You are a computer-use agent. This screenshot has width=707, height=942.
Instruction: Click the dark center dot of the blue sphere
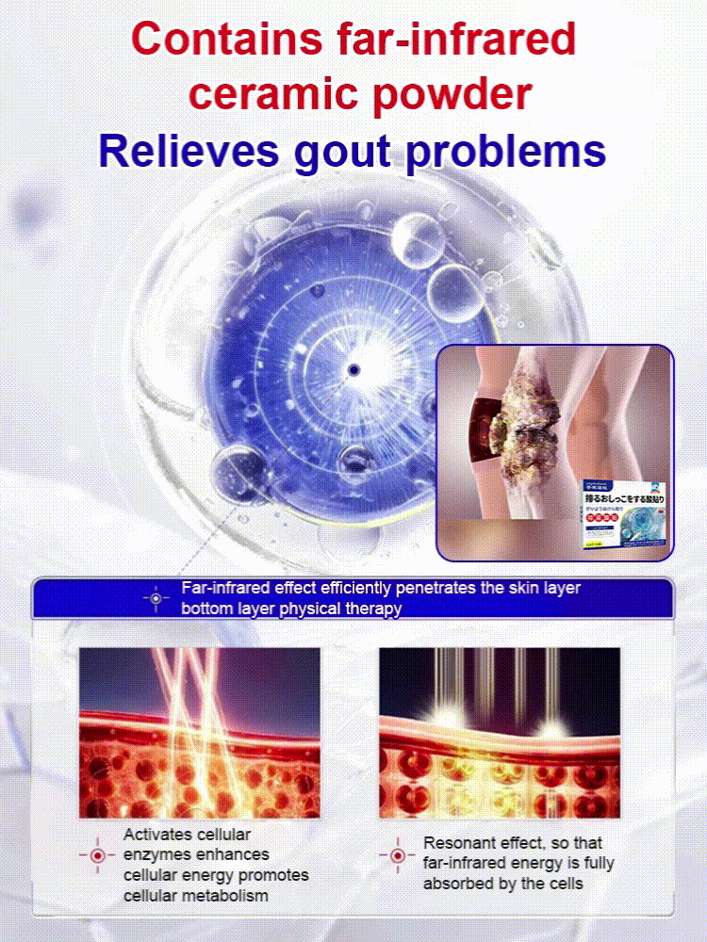tap(353, 370)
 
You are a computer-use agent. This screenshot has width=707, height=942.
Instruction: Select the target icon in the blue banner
tap(156, 598)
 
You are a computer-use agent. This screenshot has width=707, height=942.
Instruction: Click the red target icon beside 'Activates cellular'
tap(98, 855)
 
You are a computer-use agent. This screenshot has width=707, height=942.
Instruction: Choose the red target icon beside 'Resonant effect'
tap(397, 855)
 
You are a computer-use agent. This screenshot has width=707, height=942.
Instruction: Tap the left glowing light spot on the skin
tap(439, 728)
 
